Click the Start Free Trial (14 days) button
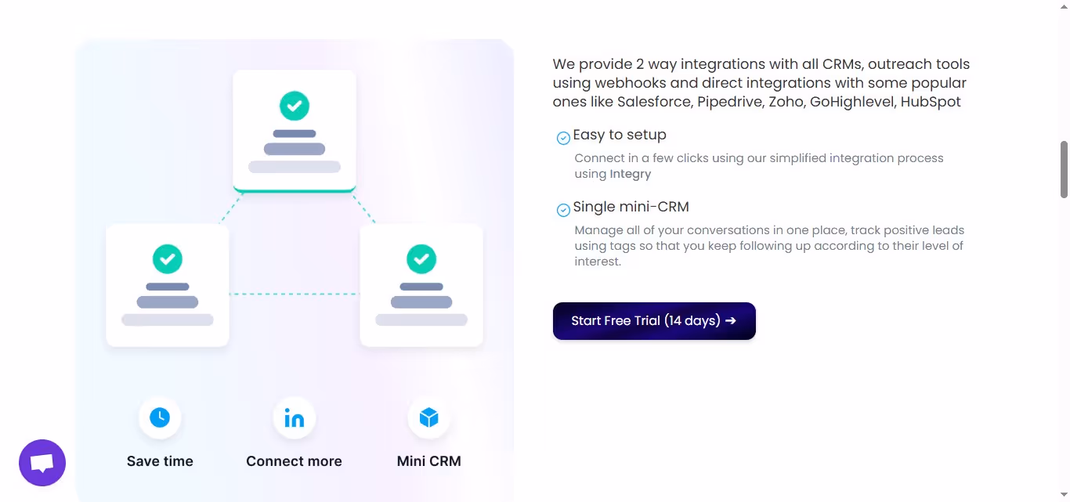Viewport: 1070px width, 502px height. pos(654,321)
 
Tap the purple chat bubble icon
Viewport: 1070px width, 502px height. pos(42,463)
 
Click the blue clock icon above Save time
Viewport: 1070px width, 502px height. pos(160,417)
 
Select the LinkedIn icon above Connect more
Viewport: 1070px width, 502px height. pos(295,418)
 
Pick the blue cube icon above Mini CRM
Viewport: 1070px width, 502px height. pos(429,417)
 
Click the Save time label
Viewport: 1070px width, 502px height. pos(160,461)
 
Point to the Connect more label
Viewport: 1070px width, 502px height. pos(294,461)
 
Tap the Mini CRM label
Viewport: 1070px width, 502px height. pos(429,461)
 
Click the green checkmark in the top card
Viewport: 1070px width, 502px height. pos(295,106)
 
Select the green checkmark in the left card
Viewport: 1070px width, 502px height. pos(167,258)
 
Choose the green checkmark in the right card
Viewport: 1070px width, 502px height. pos(421,258)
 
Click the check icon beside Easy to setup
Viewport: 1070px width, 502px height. pos(563,139)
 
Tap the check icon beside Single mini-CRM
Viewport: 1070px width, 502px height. pos(563,210)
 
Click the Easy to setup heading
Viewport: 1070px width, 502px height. pos(620,135)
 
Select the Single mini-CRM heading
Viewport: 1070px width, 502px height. pos(631,207)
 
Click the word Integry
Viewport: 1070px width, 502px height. pos(631,174)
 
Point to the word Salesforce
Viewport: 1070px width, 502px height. pos(654,102)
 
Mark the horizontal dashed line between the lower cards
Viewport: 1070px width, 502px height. pos(295,294)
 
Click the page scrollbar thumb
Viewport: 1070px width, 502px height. pos(1064,169)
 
